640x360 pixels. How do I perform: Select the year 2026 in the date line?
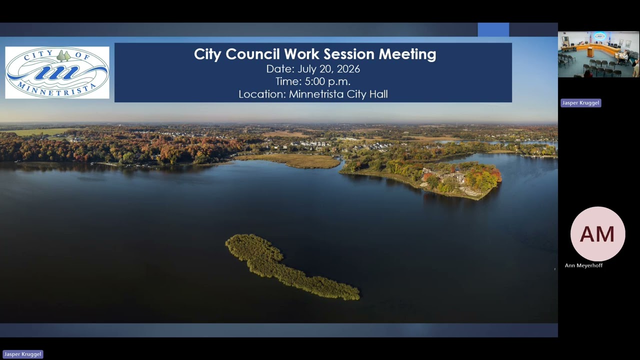point(348,69)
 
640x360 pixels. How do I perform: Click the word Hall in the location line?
point(378,94)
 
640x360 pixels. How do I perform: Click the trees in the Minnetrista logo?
point(63,55)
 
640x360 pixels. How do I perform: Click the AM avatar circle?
point(597,233)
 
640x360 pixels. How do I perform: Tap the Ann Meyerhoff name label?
point(583,265)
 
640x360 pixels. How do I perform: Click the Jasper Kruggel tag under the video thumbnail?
point(581,103)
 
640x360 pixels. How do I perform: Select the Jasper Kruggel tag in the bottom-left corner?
point(23,354)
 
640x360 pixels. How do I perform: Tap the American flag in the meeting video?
point(590,38)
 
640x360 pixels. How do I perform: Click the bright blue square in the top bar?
point(493,29)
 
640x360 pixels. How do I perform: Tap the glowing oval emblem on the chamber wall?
point(599,36)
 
